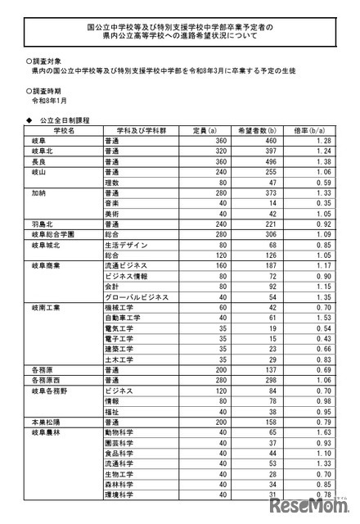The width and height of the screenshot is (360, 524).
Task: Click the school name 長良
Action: pos(38,163)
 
